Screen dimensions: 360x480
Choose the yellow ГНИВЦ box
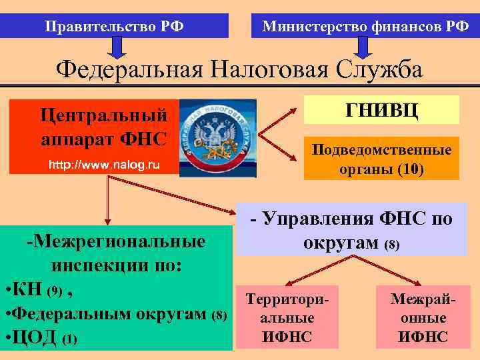381,110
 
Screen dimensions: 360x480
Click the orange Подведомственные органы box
381,159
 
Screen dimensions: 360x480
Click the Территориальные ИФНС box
287,319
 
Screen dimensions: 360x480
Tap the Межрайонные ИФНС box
424,319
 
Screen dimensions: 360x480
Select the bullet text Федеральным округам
110,314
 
